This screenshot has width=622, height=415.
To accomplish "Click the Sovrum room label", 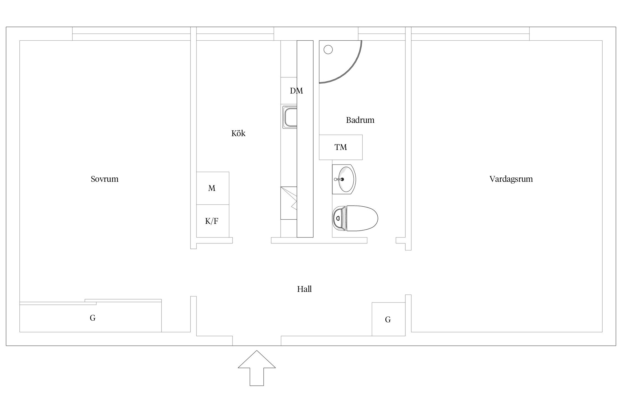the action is [x=104, y=179].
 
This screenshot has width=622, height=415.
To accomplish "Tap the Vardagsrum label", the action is [x=511, y=179].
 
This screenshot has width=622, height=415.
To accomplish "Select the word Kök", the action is [x=238, y=133].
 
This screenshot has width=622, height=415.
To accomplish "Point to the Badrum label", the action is [x=360, y=120].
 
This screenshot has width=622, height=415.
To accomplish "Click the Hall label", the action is [x=304, y=289].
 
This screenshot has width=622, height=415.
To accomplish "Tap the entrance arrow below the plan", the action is [x=257, y=368].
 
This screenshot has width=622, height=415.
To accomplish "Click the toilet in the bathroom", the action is [x=355, y=218].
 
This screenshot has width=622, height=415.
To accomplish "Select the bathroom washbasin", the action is [x=344, y=179].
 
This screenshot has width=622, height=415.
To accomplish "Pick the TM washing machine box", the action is [x=341, y=147].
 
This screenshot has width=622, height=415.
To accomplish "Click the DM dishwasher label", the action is [x=296, y=91].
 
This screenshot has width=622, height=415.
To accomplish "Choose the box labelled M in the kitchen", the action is [x=213, y=188].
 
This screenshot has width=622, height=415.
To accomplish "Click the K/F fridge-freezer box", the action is [x=213, y=221].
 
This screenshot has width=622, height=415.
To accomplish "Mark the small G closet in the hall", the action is [x=388, y=319].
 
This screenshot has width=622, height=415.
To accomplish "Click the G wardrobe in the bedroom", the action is [x=90, y=317].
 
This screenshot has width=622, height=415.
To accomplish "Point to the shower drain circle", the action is [x=328, y=50].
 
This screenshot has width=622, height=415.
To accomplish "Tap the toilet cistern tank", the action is [x=339, y=218].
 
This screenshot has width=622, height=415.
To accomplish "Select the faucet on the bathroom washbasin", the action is [x=339, y=179].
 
